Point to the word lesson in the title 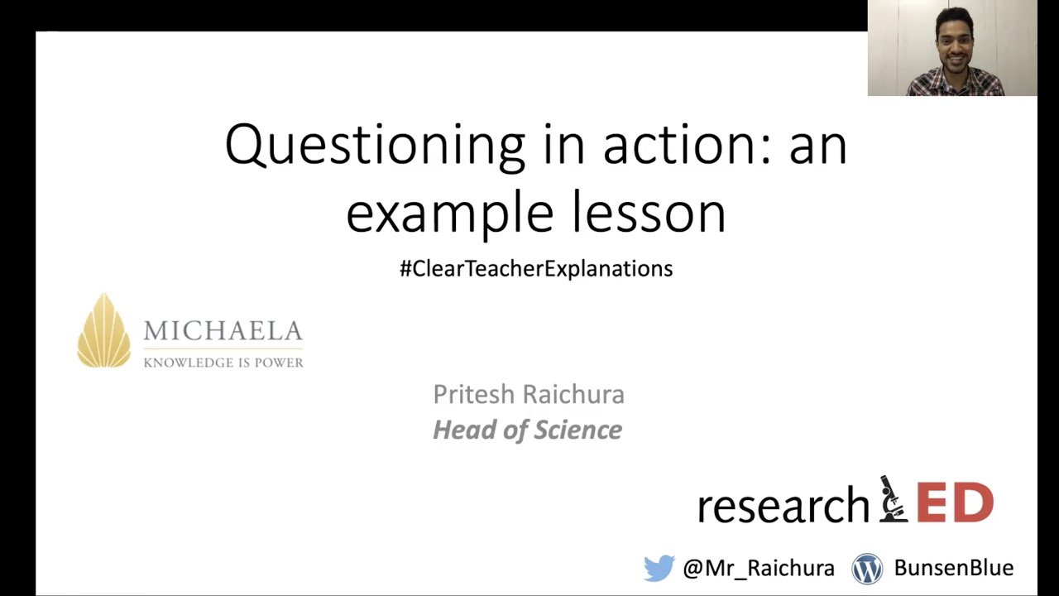click(649, 214)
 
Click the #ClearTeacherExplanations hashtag click(536, 269)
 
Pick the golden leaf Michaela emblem click(104, 331)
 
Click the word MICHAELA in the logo click(223, 332)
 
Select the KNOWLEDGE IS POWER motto click(223, 363)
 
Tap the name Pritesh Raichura click(529, 394)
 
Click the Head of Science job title click(527, 430)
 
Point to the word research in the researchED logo click(783, 506)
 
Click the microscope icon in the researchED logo click(893, 499)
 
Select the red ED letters click(955, 502)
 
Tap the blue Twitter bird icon click(659, 568)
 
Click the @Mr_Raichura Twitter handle click(759, 568)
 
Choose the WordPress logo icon click(868, 569)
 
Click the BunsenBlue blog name click(953, 568)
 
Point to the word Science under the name click(577, 430)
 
